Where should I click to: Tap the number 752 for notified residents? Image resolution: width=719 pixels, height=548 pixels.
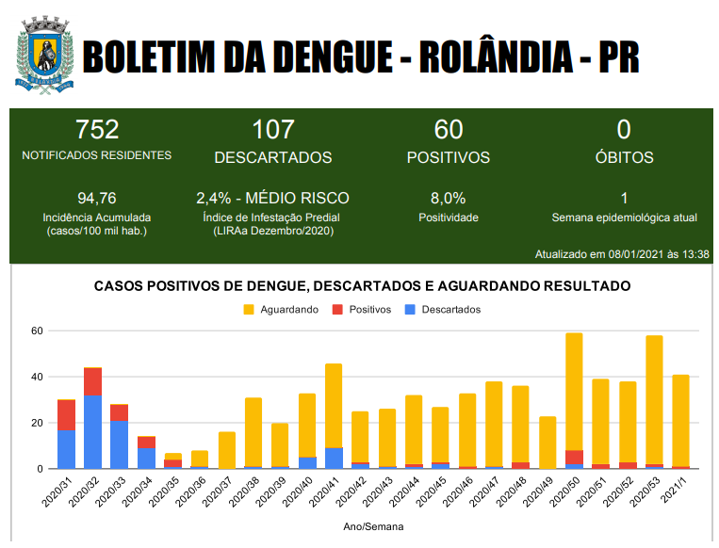click(x=97, y=130)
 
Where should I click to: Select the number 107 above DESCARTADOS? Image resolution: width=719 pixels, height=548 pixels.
click(x=273, y=130)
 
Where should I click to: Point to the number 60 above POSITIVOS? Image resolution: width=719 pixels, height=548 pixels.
click(x=449, y=130)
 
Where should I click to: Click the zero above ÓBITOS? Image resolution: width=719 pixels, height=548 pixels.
click(x=624, y=130)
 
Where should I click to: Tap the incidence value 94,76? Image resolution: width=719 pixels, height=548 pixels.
click(x=97, y=199)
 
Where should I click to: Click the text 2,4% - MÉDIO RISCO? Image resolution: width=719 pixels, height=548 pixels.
click(x=272, y=199)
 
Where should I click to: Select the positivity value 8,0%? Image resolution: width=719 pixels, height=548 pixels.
click(x=449, y=199)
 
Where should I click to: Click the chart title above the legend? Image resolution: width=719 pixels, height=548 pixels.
click(x=362, y=285)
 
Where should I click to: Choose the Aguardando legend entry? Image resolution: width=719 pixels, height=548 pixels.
click(x=281, y=310)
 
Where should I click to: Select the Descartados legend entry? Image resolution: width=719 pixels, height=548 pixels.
click(x=443, y=310)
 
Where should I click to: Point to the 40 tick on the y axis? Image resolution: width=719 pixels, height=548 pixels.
click(x=38, y=377)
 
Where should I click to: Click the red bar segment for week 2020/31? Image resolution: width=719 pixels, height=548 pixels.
click(x=66, y=415)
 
